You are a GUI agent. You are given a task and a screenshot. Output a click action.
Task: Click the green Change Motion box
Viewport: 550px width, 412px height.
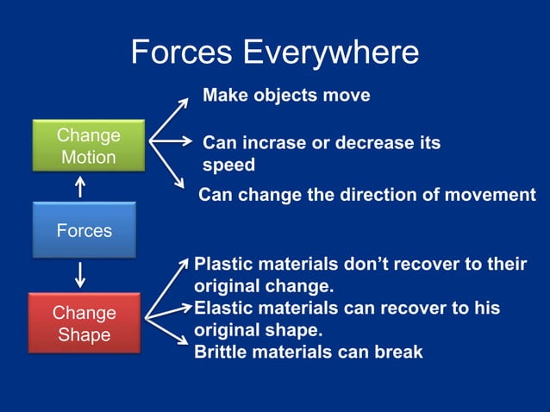coord(87,147)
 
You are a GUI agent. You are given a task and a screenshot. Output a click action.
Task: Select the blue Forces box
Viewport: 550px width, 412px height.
coord(84,230)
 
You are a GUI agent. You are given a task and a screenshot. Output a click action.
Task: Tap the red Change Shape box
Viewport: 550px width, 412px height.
coord(84,323)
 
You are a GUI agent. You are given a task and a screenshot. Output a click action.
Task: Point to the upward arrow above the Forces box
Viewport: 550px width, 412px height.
coord(81,187)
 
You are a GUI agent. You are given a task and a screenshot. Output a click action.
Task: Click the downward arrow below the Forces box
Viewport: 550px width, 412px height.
coord(81,275)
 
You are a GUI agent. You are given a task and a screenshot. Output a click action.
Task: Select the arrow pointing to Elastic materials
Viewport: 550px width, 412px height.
coord(168,312)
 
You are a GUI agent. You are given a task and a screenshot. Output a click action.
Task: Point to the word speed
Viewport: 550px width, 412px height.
coord(228,164)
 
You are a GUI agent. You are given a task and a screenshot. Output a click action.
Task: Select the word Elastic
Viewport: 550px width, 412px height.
coord(222,308)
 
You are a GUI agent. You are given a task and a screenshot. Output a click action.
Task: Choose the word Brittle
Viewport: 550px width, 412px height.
coord(219,352)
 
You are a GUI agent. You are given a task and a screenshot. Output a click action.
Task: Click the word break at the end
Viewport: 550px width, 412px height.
coord(397,352)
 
